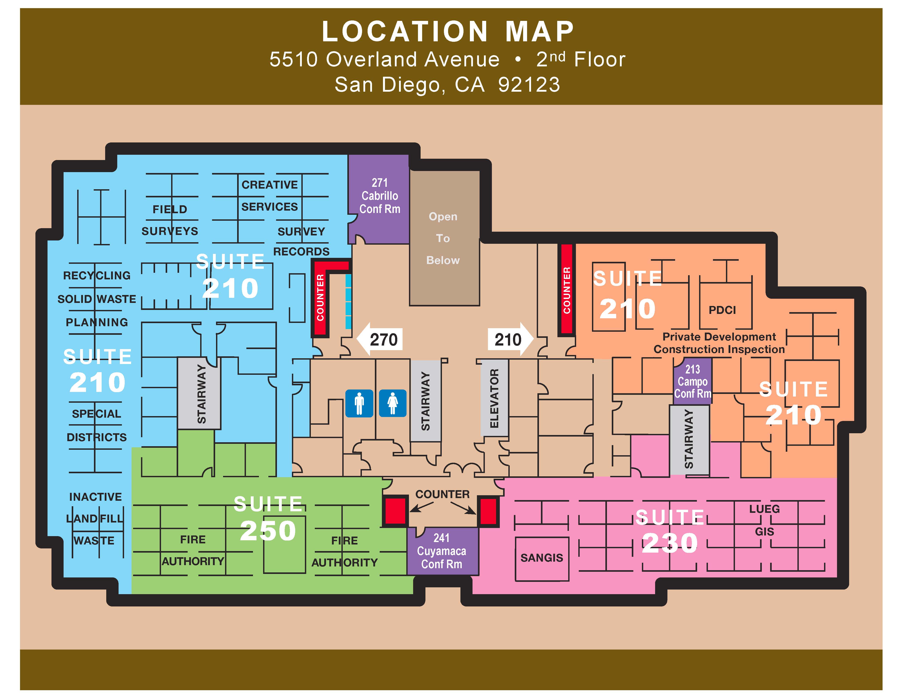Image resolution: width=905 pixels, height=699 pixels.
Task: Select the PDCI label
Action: (x=722, y=310)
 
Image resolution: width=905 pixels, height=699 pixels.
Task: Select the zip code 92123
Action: (x=529, y=84)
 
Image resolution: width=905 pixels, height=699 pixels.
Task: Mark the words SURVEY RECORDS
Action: (x=301, y=241)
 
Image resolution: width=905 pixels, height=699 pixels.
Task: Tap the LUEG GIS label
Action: (x=764, y=520)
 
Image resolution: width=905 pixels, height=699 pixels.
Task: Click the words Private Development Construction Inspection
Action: (x=719, y=343)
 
